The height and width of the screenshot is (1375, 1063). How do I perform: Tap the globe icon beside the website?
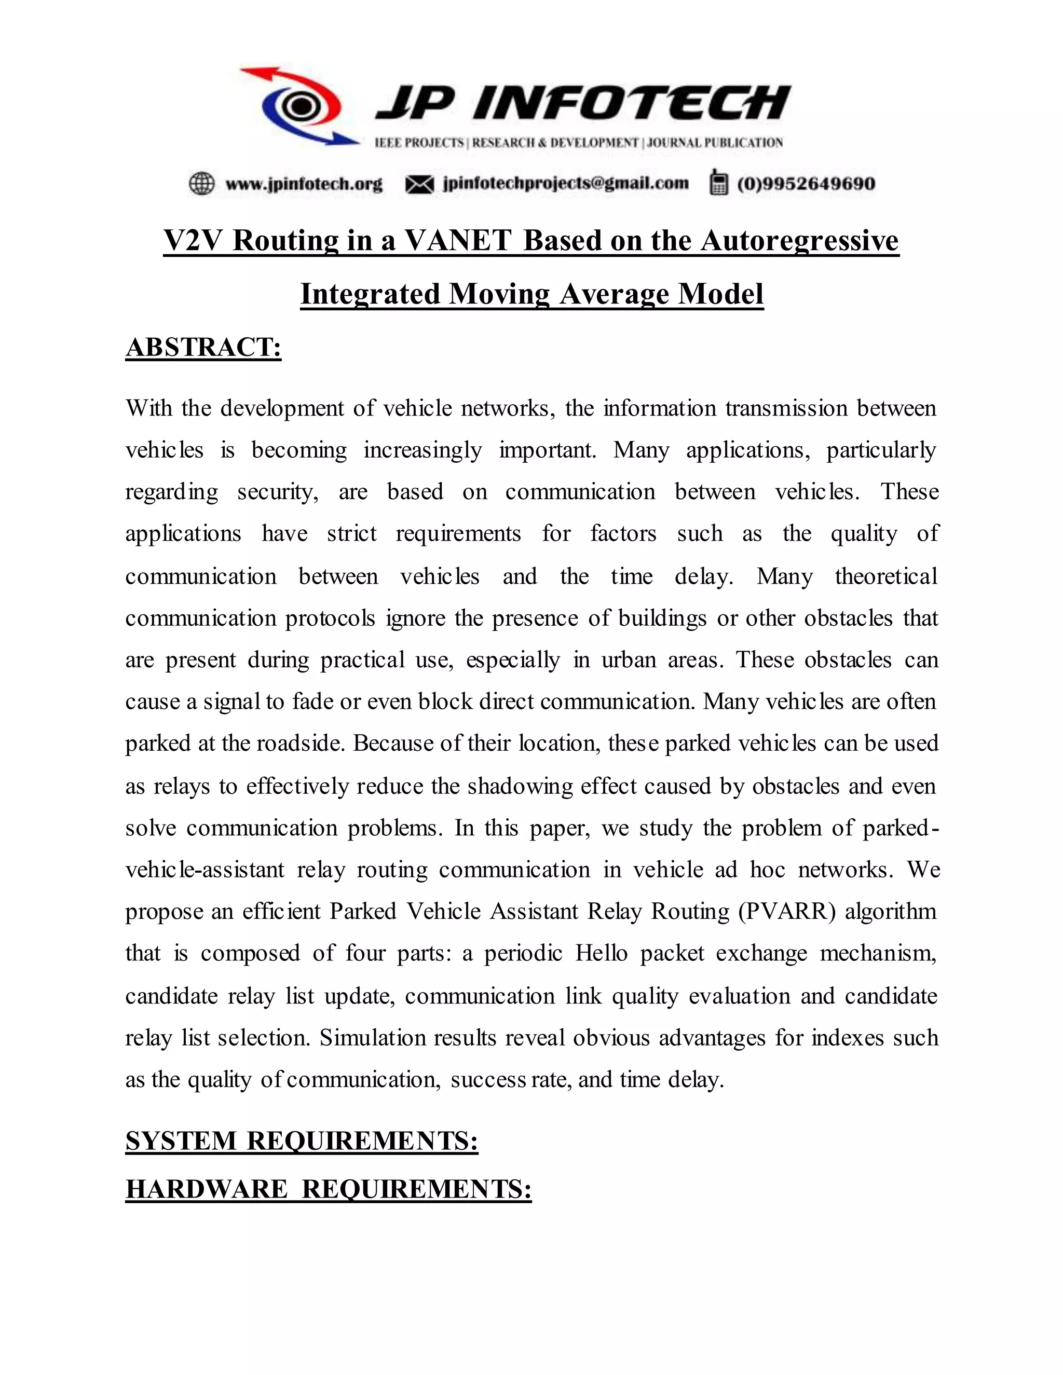click(201, 184)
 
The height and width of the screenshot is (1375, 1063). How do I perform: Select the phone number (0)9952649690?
click(806, 184)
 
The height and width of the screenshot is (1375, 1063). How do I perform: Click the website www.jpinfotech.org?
click(304, 184)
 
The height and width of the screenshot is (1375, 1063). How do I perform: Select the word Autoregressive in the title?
click(799, 241)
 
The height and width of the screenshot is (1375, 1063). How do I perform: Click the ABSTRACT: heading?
click(203, 348)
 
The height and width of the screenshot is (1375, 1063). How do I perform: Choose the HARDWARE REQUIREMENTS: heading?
click(328, 1189)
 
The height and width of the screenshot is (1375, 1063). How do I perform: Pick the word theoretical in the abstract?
click(886, 576)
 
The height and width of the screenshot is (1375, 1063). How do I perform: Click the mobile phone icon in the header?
click(718, 183)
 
